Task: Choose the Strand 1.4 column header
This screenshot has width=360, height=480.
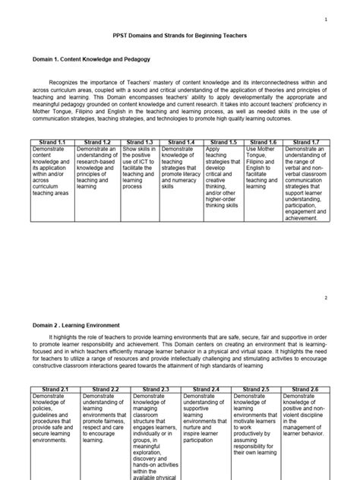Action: (181, 142)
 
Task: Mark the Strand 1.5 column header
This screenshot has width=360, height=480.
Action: (223, 142)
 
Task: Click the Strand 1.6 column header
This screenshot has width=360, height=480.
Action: (264, 142)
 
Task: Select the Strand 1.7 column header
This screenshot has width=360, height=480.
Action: (307, 142)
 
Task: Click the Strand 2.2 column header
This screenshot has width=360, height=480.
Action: (106, 390)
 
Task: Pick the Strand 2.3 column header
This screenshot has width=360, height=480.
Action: (156, 390)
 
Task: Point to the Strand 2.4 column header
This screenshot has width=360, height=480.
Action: (206, 390)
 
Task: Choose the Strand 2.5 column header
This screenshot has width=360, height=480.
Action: (257, 390)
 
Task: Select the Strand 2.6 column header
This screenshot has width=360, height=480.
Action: (305, 390)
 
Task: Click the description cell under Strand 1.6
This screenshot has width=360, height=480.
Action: (264, 167)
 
